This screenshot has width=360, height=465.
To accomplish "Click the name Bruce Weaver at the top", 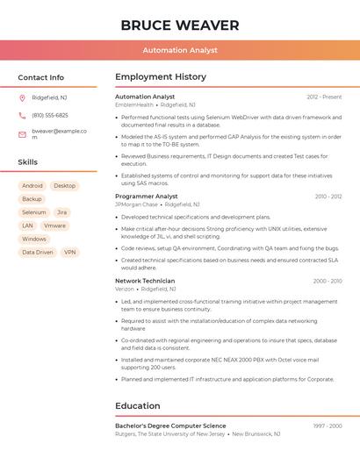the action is (x=180, y=25).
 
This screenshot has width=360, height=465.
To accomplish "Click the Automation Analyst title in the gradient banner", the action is (x=180, y=50).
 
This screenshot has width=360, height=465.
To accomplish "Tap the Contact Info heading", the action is (x=41, y=77).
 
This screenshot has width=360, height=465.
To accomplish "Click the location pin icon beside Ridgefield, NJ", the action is (x=22, y=97).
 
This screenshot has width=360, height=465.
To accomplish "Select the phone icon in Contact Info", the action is (x=22, y=115).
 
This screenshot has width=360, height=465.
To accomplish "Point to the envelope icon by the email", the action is (x=22, y=134).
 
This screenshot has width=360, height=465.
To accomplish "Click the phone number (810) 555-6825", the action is (x=50, y=115).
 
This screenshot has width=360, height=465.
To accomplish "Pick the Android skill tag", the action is (x=32, y=186).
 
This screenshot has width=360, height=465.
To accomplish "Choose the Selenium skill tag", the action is (x=34, y=212).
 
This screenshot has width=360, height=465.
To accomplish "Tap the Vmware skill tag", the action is (x=54, y=225).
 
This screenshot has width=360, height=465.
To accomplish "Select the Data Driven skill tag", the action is (x=38, y=252).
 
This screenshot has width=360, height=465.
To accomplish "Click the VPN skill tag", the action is (x=70, y=252).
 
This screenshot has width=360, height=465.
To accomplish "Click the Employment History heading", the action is (x=161, y=77).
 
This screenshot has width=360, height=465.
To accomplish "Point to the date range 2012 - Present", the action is (x=324, y=97).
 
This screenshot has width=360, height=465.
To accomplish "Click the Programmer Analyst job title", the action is (x=147, y=197).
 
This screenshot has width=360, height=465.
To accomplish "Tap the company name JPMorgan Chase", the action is (x=136, y=204).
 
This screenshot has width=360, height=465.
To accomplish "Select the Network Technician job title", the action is (x=145, y=281).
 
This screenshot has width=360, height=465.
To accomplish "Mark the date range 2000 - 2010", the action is (x=328, y=281).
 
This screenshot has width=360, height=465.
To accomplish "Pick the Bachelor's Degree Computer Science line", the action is (x=170, y=426).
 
